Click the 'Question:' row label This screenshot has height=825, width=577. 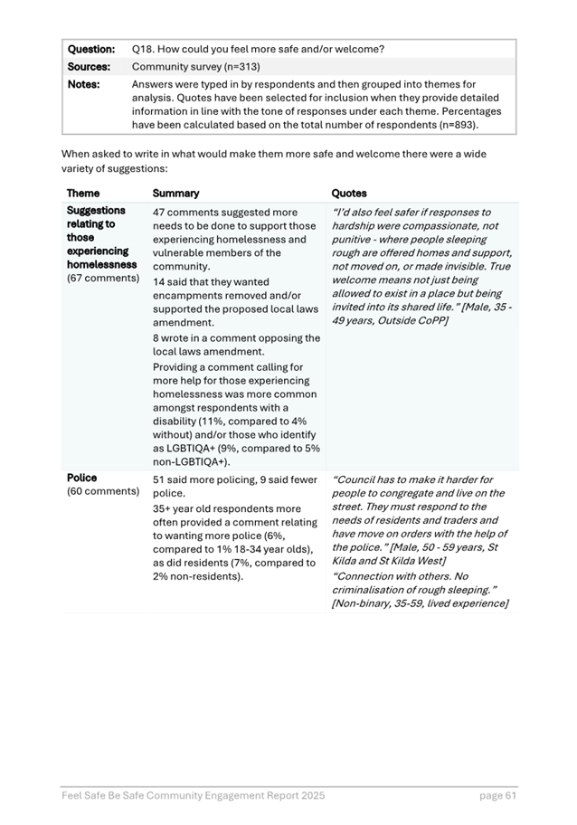coord(90,48)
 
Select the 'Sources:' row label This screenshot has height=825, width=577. coord(89,66)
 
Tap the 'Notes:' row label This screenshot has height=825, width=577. coord(84,84)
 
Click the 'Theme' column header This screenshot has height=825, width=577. coord(83,193)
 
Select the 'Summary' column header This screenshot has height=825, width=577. coord(176,193)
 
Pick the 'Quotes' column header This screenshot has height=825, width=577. coord(350,193)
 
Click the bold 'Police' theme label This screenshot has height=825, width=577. coord(81,478)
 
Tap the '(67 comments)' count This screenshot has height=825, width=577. coord(102,278)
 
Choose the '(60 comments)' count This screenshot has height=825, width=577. coord(102,491)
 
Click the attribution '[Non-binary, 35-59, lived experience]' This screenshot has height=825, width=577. coord(420,603)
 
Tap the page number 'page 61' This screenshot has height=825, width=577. coord(497,795)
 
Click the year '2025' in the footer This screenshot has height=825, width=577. coord(310,795)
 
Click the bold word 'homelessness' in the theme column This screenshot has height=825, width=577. coord(101,264)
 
